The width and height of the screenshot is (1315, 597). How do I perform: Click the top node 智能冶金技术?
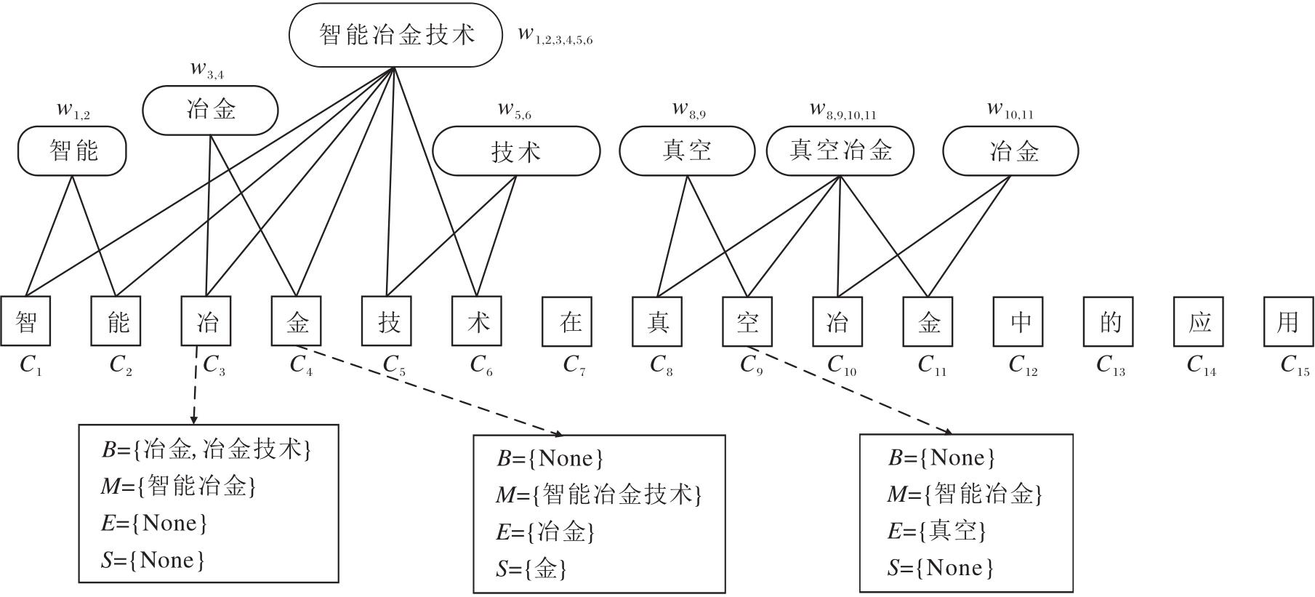pos(395,35)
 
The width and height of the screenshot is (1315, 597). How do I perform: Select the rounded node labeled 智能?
pos(72,151)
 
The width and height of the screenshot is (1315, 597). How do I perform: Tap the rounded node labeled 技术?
pos(516,151)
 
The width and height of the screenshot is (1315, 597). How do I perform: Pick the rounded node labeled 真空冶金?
pos(840,151)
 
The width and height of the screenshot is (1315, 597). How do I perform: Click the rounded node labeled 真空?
pos(687,151)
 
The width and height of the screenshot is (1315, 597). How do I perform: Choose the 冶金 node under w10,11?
pos(1010,151)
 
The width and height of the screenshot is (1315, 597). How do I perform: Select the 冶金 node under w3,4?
pos(210,111)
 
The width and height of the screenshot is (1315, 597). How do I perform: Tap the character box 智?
pos(26,321)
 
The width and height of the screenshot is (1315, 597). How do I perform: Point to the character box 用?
pos(1288,321)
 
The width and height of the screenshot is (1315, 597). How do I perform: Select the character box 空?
pos(747,321)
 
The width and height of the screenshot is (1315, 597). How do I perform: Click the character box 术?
pos(477,321)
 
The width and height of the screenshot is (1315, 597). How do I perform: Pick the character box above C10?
pos(837,321)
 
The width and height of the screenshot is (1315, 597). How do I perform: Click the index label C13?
pos(1110,364)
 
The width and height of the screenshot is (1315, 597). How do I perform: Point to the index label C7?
pos(574,364)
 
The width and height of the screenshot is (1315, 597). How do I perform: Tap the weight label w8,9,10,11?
pos(843,111)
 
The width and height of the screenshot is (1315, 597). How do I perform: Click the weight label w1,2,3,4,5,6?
pos(555,36)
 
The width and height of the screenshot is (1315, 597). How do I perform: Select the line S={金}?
pos(531,569)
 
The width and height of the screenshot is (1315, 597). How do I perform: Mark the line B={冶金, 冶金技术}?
pos(206,449)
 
